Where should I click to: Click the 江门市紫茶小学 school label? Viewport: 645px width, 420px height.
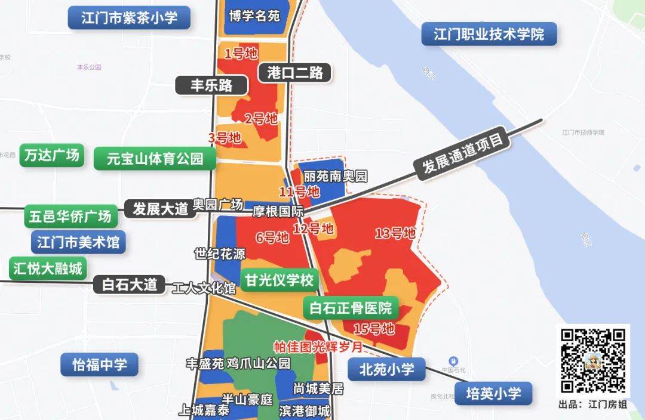[x=129, y=17]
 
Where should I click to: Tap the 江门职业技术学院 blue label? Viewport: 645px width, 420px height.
[x=489, y=34]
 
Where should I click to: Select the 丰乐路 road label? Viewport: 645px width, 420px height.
[x=211, y=85]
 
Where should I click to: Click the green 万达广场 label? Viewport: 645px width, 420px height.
[x=52, y=155]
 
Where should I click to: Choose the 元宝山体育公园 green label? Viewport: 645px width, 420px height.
[x=155, y=159]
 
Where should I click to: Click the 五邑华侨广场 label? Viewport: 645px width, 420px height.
[x=70, y=217]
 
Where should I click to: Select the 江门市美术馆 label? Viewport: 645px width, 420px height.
[x=78, y=242]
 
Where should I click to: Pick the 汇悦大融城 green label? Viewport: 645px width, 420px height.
[x=48, y=268]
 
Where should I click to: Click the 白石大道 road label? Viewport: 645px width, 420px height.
[x=129, y=285]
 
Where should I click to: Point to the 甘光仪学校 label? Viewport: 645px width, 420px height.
[x=279, y=280]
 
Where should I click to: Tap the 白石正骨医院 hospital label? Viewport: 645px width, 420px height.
[x=351, y=308]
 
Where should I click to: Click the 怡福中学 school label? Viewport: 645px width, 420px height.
[x=100, y=365]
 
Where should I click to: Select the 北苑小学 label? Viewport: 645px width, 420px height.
[x=387, y=369]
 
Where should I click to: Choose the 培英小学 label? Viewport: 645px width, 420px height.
[x=493, y=394]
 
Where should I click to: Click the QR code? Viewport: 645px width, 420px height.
[x=593, y=361]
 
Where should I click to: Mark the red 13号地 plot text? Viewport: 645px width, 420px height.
[x=395, y=233]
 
